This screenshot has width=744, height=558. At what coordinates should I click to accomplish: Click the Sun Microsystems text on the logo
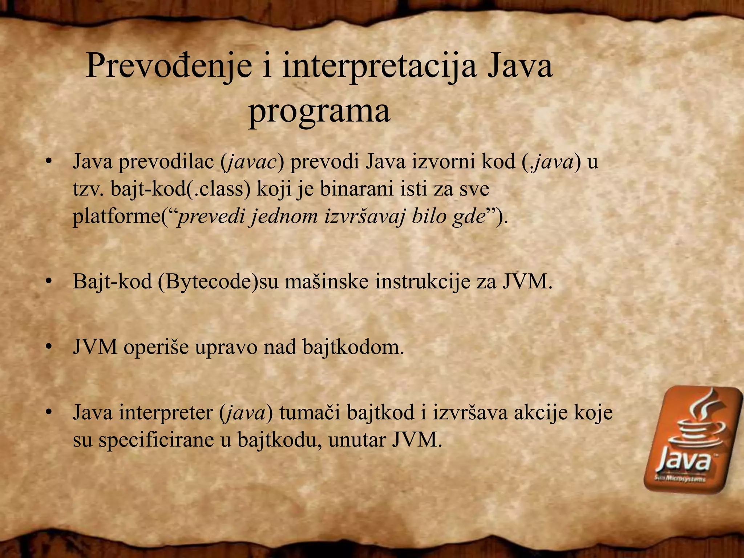tap(679, 479)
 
